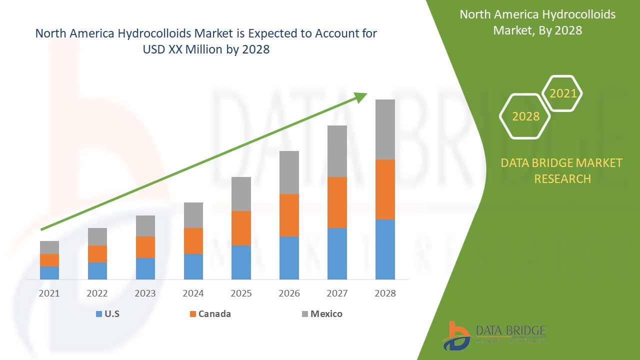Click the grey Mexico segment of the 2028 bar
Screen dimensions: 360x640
[x=385, y=129]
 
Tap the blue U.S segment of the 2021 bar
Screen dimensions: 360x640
[x=49, y=272]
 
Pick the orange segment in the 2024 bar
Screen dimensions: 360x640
[x=193, y=240]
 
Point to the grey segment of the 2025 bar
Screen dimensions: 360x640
[x=241, y=193]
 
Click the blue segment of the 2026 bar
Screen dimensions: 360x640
[x=289, y=257]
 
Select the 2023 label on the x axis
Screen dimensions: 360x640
[x=145, y=293]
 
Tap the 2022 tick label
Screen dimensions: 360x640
[x=97, y=293]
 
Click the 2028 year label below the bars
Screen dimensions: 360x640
[x=385, y=293]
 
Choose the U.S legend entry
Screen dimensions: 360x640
[x=107, y=314]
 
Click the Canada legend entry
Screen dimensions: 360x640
[x=210, y=314]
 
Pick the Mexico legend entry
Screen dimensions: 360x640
[x=322, y=314]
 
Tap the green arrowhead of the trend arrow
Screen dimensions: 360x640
[x=361, y=96]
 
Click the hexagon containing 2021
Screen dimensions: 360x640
[x=562, y=93]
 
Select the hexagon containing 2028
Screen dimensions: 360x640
[x=525, y=116]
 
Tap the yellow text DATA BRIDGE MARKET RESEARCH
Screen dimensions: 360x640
[x=562, y=170]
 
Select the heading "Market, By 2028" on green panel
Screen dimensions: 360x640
[x=537, y=30]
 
